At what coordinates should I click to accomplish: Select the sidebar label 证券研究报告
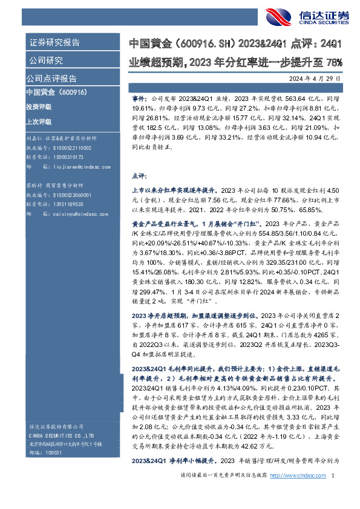54,43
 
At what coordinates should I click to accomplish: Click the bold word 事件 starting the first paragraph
138,96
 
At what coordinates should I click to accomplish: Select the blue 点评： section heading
139,176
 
